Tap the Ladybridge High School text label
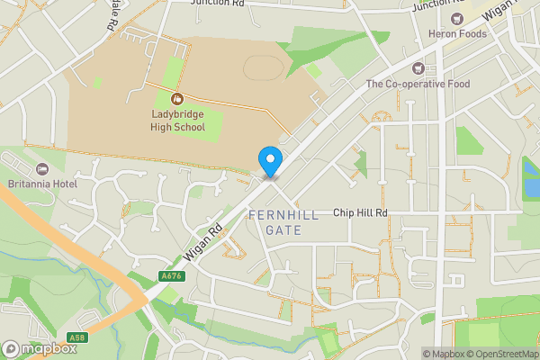(x=177, y=121)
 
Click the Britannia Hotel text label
(x=39, y=183)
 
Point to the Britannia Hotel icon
(x=40, y=169)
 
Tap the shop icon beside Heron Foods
(x=457, y=19)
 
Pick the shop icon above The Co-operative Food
(x=417, y=68)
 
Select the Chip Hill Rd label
(x=360, y=213)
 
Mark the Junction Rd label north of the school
(x=218, y=3)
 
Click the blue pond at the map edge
(x=531, y=187)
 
